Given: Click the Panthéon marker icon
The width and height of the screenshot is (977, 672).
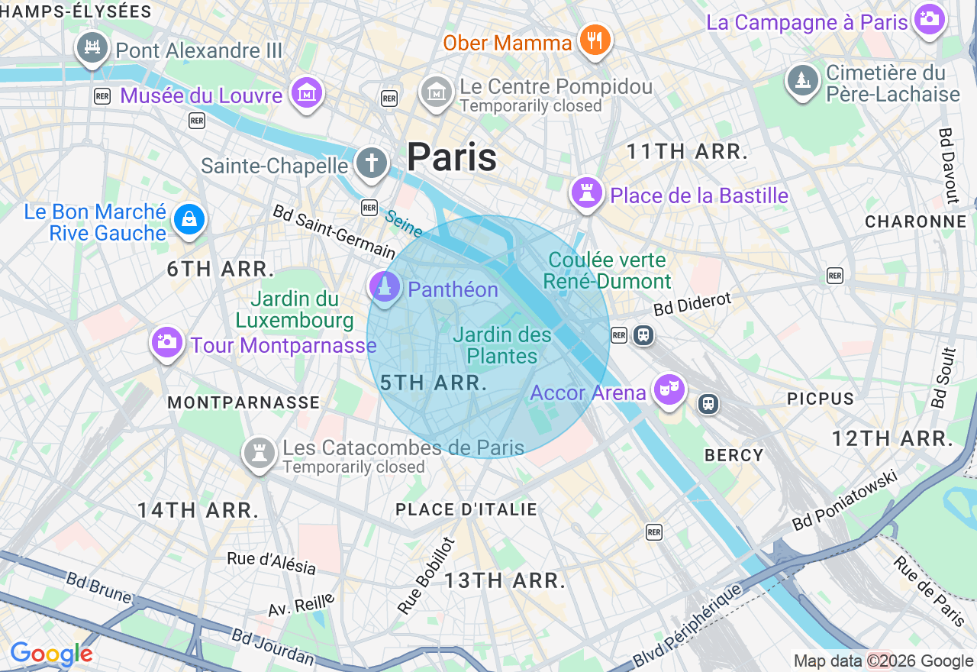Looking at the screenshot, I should coord(384,287).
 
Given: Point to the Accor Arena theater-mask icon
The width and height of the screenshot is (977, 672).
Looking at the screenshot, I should coord(669,389).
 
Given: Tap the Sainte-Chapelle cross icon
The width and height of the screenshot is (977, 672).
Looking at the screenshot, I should coord(372,162).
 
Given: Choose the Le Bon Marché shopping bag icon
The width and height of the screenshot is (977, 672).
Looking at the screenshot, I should coord(189,219).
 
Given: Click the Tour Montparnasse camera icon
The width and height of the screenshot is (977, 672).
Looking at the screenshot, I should coord(166,341).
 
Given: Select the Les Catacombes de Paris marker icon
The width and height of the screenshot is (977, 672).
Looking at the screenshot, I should coord(259,452).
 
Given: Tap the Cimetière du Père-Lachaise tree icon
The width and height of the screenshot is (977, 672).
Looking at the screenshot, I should coord(802,79).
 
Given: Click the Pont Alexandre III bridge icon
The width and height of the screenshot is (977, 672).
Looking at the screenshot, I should coord(92,47).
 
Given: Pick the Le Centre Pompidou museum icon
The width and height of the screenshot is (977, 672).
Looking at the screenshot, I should coord(436,92).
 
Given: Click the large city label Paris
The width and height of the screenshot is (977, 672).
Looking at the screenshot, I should coord(452,157).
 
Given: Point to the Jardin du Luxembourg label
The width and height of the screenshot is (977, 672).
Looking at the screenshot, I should coord(294,309).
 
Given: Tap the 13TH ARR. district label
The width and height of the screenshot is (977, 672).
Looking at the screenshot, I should coord(505,580).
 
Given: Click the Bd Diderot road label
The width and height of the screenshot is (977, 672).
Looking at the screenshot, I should coord(692,303).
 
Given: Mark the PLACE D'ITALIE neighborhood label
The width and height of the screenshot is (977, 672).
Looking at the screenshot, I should coord(466,509).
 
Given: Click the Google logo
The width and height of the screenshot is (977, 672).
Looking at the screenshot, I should coord(52,654).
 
